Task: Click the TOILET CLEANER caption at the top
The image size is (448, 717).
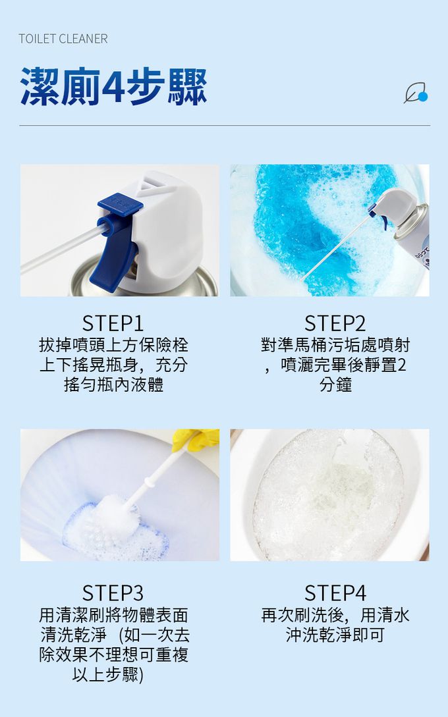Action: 63,39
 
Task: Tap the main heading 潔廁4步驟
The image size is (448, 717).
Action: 113,86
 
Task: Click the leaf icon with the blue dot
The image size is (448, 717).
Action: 416,93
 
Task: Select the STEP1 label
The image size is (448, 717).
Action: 113,323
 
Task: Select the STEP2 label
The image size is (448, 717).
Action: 335,323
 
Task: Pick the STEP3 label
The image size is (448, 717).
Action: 113,593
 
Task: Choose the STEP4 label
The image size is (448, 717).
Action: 335,593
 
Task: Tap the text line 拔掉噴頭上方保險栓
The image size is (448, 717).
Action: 113,345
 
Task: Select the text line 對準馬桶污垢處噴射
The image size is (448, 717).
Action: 335,345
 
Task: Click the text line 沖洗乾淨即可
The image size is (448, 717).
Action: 335,635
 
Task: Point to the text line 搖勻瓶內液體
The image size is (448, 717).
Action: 113,385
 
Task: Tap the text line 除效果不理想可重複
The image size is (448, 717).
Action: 113,654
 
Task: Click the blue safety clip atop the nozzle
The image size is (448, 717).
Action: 118,201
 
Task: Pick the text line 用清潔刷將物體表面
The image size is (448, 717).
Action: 113,615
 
